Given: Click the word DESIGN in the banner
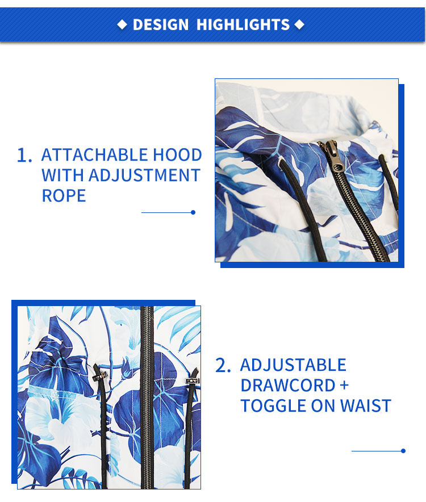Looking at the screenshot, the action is click(x=161, y=24).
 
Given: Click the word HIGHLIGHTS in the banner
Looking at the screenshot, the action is click(x=243, y=24).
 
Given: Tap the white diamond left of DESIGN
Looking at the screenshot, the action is click(x=122, y=24).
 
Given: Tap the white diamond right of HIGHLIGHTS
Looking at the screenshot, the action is click(x=299, y=24).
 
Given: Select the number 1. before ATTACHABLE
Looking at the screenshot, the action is click(x=24, y=155).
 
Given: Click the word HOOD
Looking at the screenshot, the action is click(x=177, y=155).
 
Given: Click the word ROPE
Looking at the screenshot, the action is click(x=64, y=195).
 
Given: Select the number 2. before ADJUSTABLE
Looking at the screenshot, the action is click(x=223, y=365).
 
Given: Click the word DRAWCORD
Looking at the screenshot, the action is click(x=288, y=386).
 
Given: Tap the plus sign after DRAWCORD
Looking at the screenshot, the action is click(x=344, y=385).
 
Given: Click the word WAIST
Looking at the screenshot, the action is click(x=365, y=406).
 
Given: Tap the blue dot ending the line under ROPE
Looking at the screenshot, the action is click(x=193, y=212).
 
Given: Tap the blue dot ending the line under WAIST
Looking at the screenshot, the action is click(x=403, y=451).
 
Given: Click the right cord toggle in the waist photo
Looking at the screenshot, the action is click(x=192, y=380).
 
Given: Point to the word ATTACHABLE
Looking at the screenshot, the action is click(x=95, y=155).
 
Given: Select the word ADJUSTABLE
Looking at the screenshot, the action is click(x=294, y=365).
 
